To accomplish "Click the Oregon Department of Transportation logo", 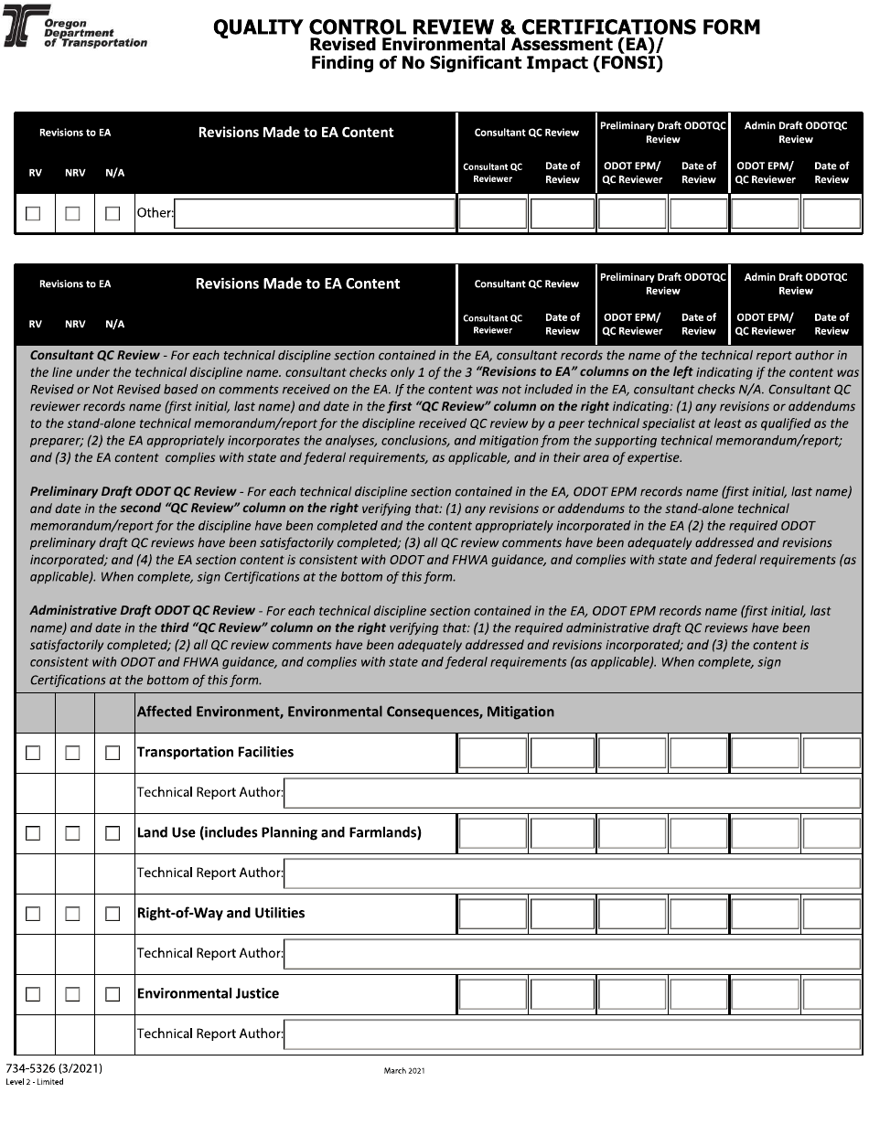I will click(27, 31).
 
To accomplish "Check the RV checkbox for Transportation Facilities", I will click(33, 753).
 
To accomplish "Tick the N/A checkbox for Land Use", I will click(113, 833).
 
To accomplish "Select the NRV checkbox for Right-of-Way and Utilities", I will click(72, 914).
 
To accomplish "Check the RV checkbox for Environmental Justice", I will click(33, 994).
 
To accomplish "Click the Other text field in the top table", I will click(315, 214).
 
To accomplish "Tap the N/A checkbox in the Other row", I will click(113, 214).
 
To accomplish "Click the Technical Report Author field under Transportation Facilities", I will click(572, 793).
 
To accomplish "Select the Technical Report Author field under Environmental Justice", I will click(572, 1034).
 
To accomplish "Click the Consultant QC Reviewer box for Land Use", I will click(493, 833).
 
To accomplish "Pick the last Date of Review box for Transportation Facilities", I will click(831, 753).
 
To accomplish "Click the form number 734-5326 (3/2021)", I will click(54, 1068).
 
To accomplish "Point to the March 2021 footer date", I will click(404, 1070).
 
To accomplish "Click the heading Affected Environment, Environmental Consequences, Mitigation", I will click(345, 712).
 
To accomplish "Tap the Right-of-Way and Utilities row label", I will click(220, 913).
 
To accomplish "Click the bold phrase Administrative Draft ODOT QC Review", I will click(143, 610).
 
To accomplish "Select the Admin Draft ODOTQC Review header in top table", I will click(795, 133).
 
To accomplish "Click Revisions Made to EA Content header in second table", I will click(297, 284).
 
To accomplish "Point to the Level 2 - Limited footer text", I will click(35, 1082).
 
